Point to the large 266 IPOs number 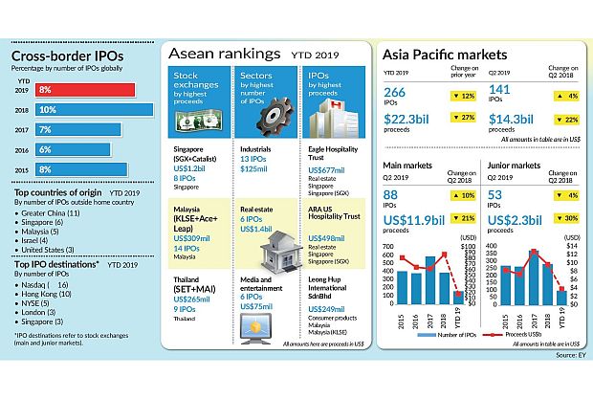click(395, 92)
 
